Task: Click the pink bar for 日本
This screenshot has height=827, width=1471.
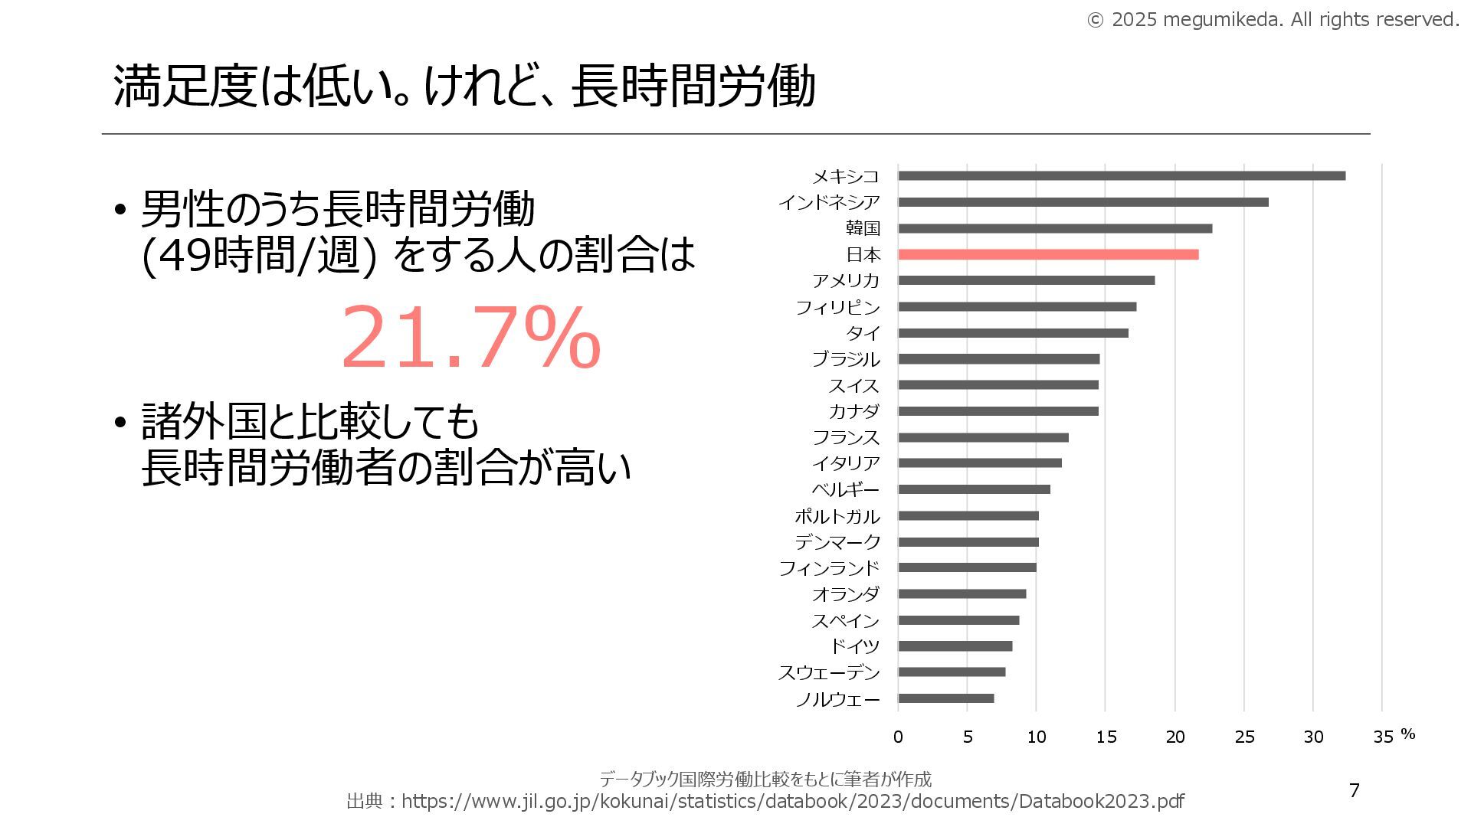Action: [1048, 254]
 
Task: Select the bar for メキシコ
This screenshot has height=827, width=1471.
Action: [1122, 176]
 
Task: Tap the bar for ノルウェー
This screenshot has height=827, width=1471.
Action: [946, 698]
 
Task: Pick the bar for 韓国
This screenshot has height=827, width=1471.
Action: [1055, 228]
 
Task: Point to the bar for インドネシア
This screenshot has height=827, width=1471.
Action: [1083, 202]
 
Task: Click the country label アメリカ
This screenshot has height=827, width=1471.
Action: [846, 280]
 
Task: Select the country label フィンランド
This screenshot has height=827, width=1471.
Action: [829, 568]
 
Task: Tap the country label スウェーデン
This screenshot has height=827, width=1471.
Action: [829, 672]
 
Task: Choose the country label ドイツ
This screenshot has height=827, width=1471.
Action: [855, 646]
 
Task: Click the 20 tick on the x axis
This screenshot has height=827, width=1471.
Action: [1175, 737]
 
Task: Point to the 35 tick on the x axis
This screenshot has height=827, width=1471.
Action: [1383, 737]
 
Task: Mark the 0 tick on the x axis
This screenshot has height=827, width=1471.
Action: [898, 737]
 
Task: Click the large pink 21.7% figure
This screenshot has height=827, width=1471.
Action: [470, 338]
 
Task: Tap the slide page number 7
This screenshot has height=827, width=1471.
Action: [1354, 790]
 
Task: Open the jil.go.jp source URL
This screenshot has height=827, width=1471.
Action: [792, 801]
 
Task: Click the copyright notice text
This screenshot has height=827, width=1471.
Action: [1273, 20]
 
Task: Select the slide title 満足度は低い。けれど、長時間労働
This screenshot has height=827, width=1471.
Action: [464, 86]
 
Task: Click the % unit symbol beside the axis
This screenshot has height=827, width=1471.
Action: [1407, 734]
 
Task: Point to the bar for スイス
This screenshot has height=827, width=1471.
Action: [998, 385]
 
